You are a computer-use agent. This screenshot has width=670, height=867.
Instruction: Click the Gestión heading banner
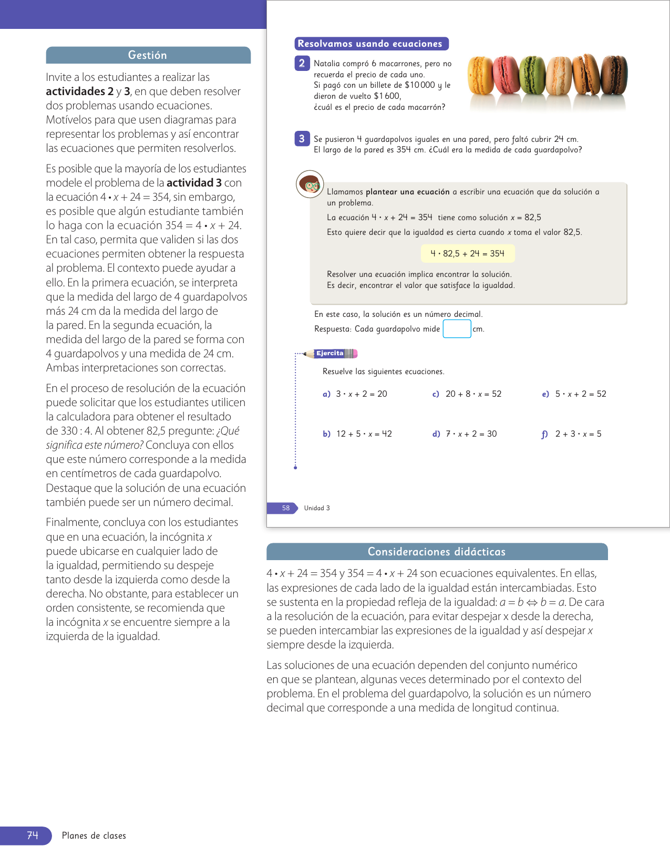pos(148,55)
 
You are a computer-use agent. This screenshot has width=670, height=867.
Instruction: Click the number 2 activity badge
pos(302,64)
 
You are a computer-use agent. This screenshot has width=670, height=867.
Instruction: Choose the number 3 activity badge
pos(302,139)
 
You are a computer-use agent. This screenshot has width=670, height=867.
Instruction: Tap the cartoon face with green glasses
pos(310,184)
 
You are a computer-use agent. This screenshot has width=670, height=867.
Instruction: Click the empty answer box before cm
pos(457,329)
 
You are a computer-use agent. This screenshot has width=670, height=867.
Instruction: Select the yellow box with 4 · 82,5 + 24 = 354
pos(468,254)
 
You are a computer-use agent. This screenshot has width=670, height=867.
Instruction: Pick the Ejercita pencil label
pos(332,354)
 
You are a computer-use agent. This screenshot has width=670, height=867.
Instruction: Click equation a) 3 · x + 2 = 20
pos(355,394)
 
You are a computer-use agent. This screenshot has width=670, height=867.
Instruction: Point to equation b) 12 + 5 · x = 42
pos(357,434)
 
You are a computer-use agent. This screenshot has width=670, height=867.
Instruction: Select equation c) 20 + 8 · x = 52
pos(467,394)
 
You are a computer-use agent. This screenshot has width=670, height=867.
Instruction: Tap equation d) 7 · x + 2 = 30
pos(465,434)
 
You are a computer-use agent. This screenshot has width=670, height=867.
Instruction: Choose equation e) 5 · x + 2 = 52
pos(574,394)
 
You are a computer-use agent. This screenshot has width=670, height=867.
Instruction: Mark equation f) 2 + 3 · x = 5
pos(572,434)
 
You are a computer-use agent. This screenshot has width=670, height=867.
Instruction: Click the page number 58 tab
pos(286,508)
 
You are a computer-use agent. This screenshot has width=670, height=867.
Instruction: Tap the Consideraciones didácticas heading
pos(437,552)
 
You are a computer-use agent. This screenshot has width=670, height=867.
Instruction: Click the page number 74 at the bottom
pos(33,835)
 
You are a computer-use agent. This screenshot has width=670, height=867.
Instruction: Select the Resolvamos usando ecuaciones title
pos(370,44)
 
